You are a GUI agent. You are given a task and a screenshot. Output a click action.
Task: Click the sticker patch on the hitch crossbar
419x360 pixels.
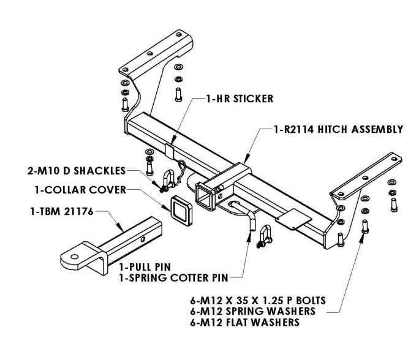170,149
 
